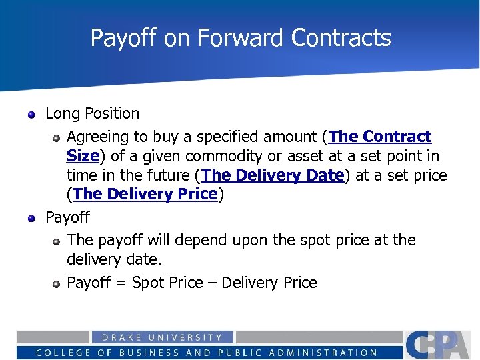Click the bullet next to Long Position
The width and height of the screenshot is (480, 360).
click(31, 115)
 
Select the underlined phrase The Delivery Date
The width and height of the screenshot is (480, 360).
click(273, 175)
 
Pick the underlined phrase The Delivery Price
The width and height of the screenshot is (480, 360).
click(145, 194)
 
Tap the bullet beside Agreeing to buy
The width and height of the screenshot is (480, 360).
click(57, 138)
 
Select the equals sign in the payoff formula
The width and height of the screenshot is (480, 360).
click(121, 283)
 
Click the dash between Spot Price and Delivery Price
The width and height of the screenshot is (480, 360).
click(211, 283)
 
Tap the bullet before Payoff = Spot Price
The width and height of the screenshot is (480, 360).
click(57, 284)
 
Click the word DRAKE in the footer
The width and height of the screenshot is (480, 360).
click(122, 337)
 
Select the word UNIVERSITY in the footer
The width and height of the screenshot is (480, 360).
click(191, 337)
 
